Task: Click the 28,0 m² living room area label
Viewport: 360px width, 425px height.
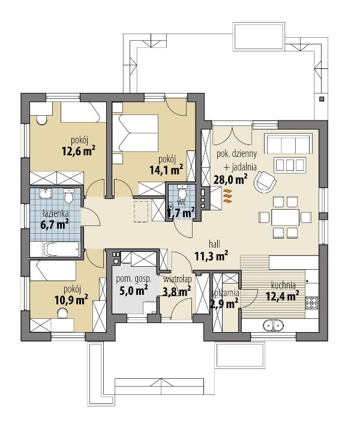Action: [x=230, y=179]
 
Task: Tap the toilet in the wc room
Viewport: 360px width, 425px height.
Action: [x=181, y=192]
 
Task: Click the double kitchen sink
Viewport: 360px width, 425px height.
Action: [x=274, y=325]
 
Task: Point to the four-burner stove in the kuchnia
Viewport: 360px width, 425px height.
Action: [x=312, y=303]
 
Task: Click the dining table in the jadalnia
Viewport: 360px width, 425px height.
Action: [x=285, y=217]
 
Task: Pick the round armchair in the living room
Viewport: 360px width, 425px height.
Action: [x=265, y=182]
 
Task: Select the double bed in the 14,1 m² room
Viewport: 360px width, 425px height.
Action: [x=135, y=132]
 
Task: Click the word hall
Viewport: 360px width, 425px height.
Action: [x=214, y=244]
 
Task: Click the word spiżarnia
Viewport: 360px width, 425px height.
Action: [x=226, y=293]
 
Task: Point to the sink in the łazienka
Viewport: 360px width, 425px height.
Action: [x=46, y=194]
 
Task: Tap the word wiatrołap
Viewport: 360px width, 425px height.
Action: [x=177, y=279]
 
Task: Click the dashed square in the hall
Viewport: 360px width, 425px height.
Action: [x=141, y=212]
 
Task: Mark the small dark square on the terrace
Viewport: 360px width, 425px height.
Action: [x=322, y=99]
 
